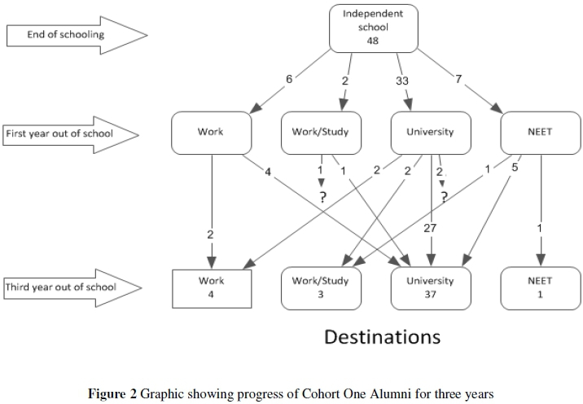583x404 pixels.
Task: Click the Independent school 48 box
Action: click(x=373, y=27)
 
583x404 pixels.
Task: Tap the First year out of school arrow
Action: click(x=72, y=132)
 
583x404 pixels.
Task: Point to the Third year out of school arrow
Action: click(x=72, y=287)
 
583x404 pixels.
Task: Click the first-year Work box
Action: click(x=211, y=132)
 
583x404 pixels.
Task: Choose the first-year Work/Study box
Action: click(x=320, y=132)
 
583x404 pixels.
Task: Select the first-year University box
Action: click(x=430, y=132)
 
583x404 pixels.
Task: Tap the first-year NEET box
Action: click(x=539, y=132)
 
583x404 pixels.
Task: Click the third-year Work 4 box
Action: click(x=211, y=287)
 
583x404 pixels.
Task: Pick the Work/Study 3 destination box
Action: click(x=320, y=287)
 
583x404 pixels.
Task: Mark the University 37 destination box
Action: click(x=430, y=287)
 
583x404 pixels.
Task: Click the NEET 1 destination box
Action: click(x=539, y=287)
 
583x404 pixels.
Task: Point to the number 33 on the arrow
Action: click(x=402, y=81)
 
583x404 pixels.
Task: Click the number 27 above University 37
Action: click(x=430, y=229)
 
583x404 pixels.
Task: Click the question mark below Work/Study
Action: click(x=322, y=198)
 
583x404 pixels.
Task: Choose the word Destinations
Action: click(x=383, y=336)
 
